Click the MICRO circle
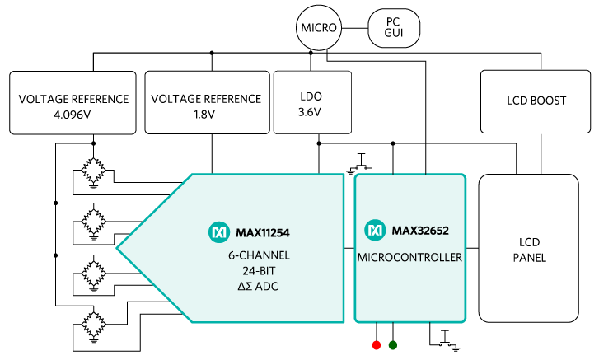coord(318,27)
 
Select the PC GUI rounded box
coord(394,27)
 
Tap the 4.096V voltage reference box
coord(73,102)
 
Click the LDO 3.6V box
coord(312,102)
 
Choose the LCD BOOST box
coord(536,101)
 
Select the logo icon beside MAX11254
coord(218,232)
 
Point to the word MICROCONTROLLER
coord(409,258)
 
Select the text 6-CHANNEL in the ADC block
coord(259,256)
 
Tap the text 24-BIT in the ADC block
coord(259,271)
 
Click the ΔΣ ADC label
coord(259,287)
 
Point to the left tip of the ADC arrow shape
coord(118,248)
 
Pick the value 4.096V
coord(73,115)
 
